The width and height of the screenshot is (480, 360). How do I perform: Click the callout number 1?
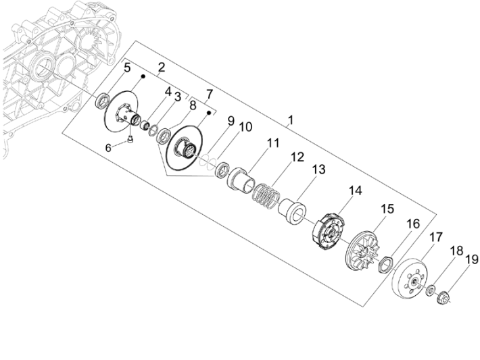pos(289,122)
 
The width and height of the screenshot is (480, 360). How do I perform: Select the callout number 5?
pos(126,68)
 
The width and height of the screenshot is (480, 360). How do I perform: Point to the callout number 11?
pos(272,144)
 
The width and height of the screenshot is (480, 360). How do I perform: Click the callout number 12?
pos(297,157)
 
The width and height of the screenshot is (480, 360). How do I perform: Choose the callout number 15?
pos(386,209)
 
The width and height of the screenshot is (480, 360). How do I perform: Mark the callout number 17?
pos(436,237)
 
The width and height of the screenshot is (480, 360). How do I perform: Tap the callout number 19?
pos(471,259)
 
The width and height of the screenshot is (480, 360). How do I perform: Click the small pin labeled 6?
pos(130,140)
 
